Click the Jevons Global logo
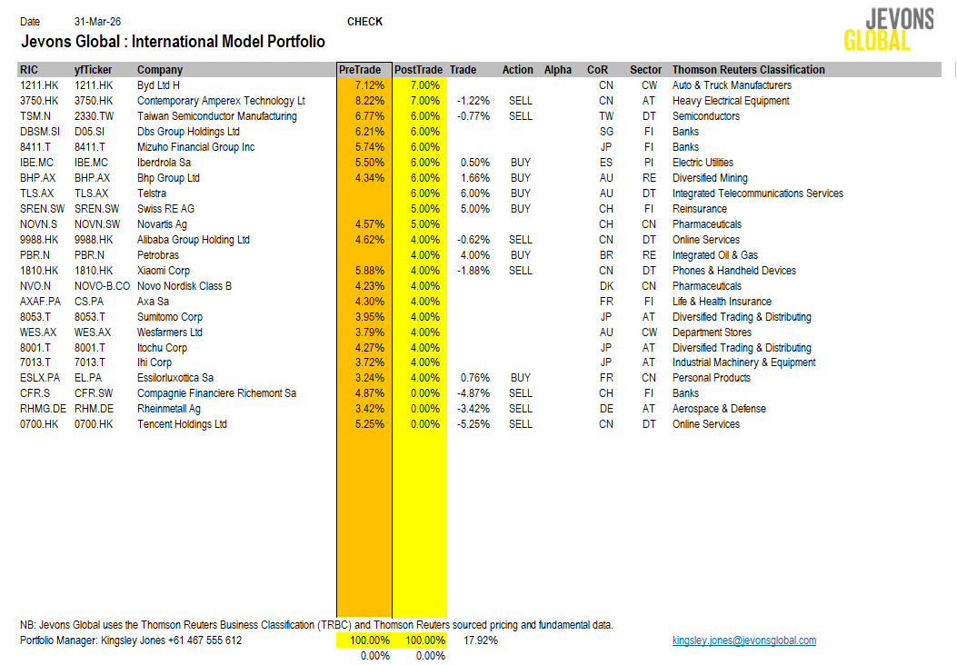click(x=876, y=30)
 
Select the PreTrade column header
click(x=360, y=70)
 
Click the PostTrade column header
click(x=418, y=70)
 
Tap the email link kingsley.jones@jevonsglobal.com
click(x=743, y=640)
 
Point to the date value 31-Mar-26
click(x=95, y=22)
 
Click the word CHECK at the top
click(x=364, y=22)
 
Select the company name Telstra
click(x=153, y=194)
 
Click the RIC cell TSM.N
click(x=35, y=116)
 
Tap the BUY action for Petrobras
click(x=520, y=255)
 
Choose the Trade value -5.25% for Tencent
click(x=473, y=424)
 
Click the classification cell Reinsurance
click(x=700, y=209)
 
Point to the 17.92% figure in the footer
click(x=480, y=640)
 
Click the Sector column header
click(x=645, y=70)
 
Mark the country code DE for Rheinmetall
click(x=606, y=409)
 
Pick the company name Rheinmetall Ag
click(x=169, y=409)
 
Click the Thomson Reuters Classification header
click(x=748, y=70)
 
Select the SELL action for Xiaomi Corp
click(x=520, y=271)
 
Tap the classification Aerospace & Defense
click(x=719, y=409)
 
